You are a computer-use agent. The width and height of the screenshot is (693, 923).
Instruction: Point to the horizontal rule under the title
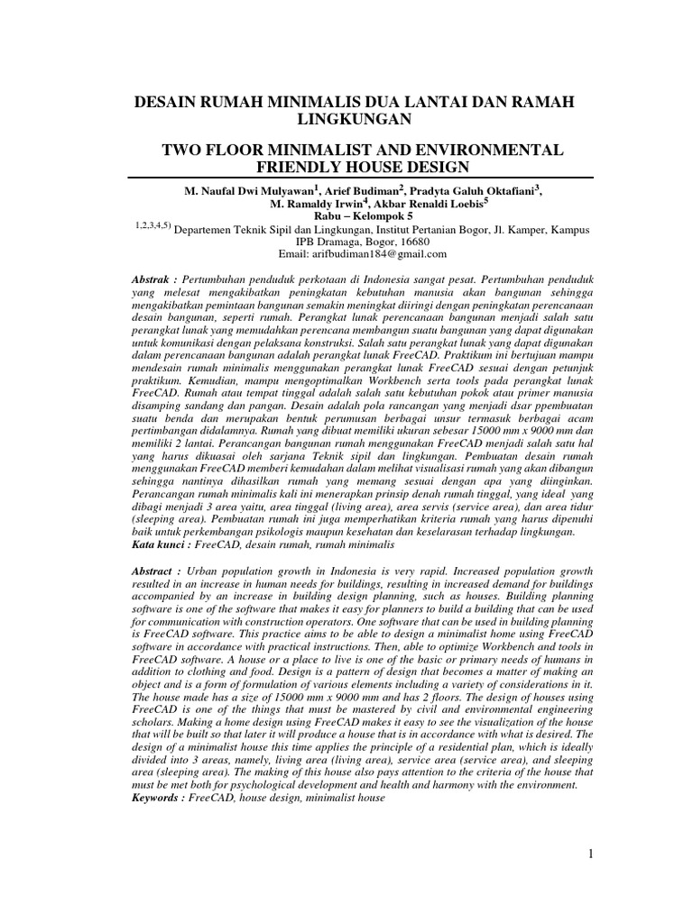coord(361,178)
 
